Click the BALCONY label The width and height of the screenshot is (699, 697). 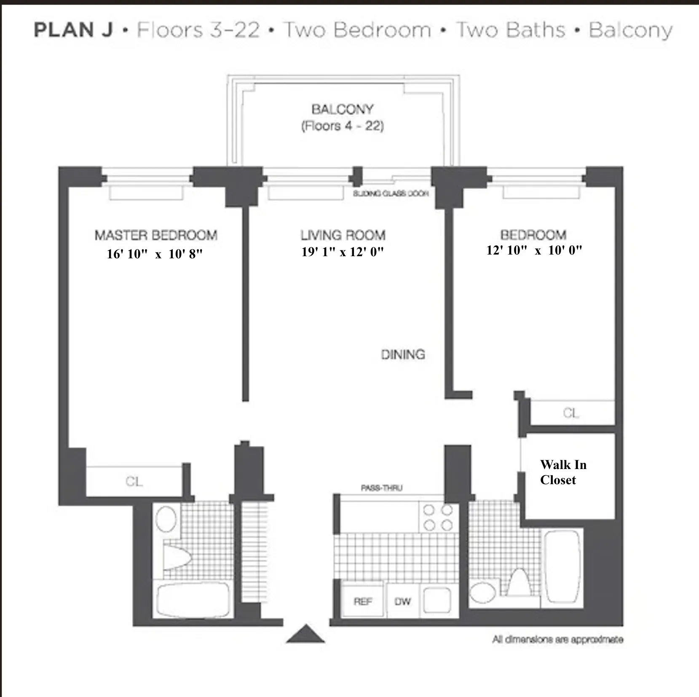pyautogui.click(x=342, y=110)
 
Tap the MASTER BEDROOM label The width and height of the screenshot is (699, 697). pyautogui.click(x=156, y=235)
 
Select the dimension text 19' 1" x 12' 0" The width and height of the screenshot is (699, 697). pyautogui.click(x=343, y=252)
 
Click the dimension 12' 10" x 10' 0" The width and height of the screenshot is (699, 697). pyautogui.click(x=534, y=250)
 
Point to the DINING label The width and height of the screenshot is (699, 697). pyautogui.click(x=403, y=355)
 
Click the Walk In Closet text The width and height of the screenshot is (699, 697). pyautogui.click(x=563, y=472)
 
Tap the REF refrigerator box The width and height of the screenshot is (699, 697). pyautogui.click(x=363, y=601)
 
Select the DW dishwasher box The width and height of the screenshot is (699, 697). pyautogui.click(x=402, y=601)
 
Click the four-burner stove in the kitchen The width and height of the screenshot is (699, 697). pyautogui.click(x=438, y=517)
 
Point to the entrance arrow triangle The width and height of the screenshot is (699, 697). pyautogui.click(x=305, y=634)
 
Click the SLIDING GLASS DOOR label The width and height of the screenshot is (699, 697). pyautogui.click(x=391, y=193)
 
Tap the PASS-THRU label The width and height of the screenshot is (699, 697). pyautogui.click(x=381, y=488)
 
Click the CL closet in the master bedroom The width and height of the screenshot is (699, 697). pyautogui.click(x=134, y=481)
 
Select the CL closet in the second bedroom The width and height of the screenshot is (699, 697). pyautogui.click(x=571, y=413)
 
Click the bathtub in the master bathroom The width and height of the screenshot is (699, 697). pyautogui.click(x=193, y=599)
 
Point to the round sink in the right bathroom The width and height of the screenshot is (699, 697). pyautogui.click(x=483, y=592)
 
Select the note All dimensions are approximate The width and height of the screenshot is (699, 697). pyautogui.click(x=557, y=640)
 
